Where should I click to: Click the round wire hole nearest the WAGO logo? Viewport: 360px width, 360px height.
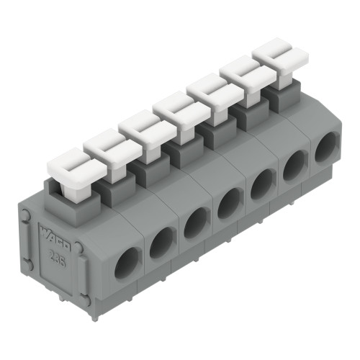[128, 265]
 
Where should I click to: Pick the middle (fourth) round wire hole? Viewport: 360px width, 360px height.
[230, 203]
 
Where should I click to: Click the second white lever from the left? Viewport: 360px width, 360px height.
[108, 147]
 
